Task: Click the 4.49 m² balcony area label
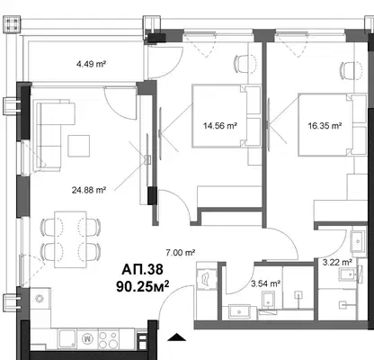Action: (x=92, y=64)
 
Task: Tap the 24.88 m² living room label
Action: (x=89, y=190)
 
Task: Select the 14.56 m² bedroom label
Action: (x=220, y=126)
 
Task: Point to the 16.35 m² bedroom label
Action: (x=325, y=126)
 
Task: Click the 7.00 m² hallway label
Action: (x=181, y=253)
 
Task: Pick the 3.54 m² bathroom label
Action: (x=266, y=283)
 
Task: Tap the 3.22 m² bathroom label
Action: (x=337, y=263)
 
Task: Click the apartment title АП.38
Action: (x=143, y=269)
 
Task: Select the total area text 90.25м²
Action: (x=143, y=286)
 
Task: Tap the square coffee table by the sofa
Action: (x=79, y=146)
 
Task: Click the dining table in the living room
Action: (x=71, y=239)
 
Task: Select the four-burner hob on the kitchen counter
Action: (x=108, y=339)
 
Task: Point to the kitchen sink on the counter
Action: (x=68, y=339)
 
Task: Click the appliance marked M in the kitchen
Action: (x=87, y=339)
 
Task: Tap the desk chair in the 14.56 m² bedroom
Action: (x=245, y=64)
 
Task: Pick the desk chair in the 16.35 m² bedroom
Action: (x=351, y=70)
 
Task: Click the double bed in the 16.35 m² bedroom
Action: (x=332, y=124)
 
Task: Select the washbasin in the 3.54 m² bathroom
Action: (x=239, y=311)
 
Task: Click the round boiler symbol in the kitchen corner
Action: (x=40, y=299)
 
